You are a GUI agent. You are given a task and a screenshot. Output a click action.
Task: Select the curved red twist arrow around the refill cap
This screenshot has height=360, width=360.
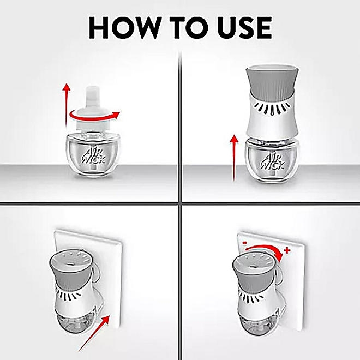(94, 117)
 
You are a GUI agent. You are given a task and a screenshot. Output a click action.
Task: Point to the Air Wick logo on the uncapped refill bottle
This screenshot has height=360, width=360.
(93, 157)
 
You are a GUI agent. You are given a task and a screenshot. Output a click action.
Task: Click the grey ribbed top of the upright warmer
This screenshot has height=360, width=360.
(272, 81)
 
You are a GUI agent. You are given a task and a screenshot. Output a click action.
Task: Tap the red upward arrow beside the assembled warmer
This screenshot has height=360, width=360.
(234, 158)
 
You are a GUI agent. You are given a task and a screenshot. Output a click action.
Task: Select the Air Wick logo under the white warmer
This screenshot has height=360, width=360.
(273, 161)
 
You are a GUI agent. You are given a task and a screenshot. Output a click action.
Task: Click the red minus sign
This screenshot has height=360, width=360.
(245, 242)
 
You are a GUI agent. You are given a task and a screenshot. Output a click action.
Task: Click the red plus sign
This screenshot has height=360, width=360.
(287, 250)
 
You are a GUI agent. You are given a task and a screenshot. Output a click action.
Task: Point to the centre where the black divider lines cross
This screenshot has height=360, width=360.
(180, 203)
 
